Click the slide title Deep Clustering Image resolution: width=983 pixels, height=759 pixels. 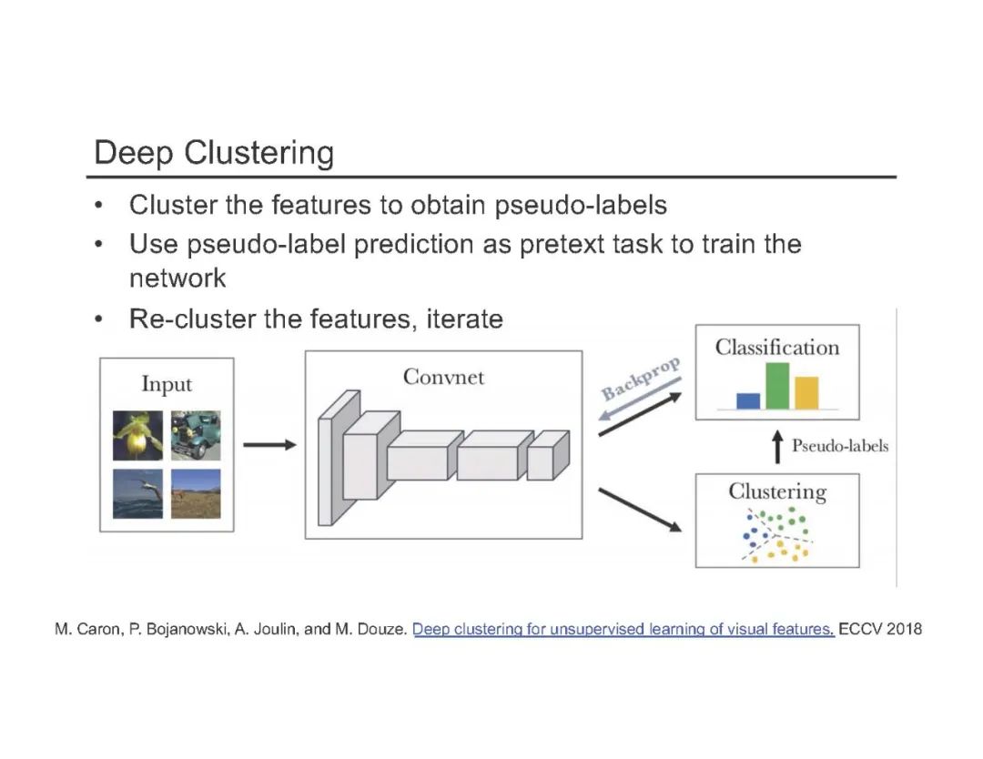[214, 152]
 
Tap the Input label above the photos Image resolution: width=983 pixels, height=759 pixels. [167, 384]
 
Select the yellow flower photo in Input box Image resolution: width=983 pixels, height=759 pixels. [138, 435]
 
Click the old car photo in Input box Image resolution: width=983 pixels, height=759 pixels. [195, 435]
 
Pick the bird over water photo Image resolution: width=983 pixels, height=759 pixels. [138, 493]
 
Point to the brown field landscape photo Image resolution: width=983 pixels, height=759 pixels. [195, 493]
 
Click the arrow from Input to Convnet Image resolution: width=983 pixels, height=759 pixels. [269, 445]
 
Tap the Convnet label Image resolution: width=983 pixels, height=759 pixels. [443, 377]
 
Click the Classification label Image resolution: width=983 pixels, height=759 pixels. [776, 348]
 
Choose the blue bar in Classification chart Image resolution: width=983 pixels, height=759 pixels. [748, 400]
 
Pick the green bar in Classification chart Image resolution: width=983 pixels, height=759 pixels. [777, 386]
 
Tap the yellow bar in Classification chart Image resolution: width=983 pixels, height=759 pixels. [806, 392]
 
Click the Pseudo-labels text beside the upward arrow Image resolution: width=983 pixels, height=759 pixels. [839, 446]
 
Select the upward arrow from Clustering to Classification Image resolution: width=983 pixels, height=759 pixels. [777, 446]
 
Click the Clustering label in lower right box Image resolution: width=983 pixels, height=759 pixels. [776, 492]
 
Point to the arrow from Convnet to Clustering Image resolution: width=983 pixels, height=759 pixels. [640, 509]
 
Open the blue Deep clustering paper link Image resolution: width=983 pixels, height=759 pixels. [623, 630]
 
